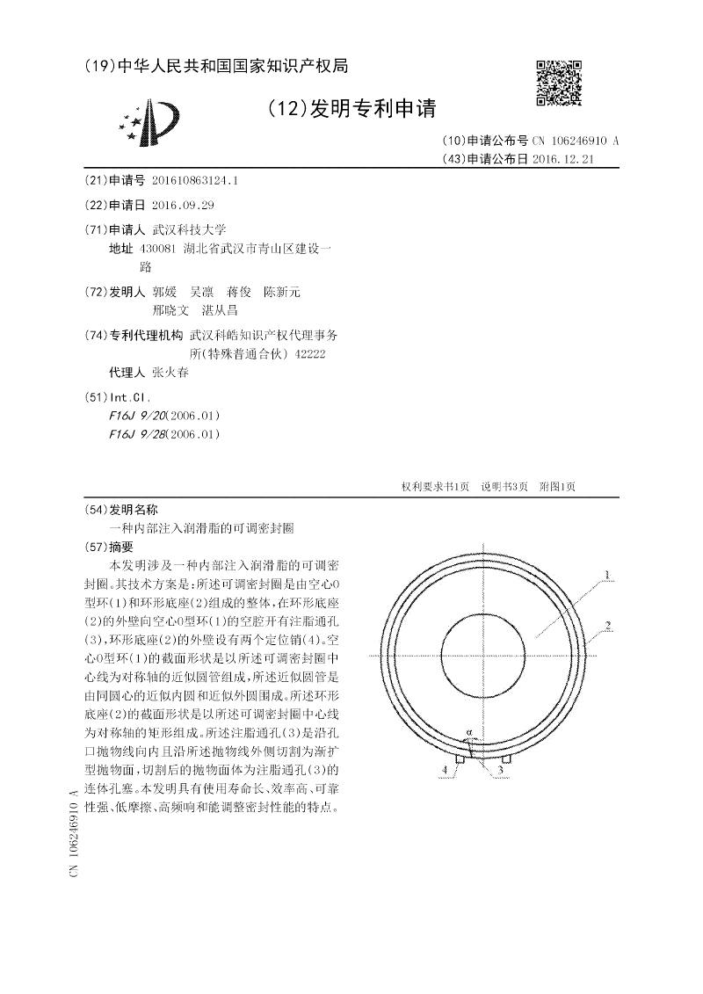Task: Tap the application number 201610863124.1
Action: coord(195,180)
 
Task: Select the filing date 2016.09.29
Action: coord(183,204)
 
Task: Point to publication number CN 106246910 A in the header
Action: coord(576,141)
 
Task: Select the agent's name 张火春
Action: coord(170,372)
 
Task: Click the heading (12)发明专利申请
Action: coord(350,108)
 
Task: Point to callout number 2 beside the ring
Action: coord(607,626)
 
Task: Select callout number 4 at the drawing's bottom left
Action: coord(444,769)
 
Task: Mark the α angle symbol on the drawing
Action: coord(470,730)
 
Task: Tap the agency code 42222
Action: coord(308,353)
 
